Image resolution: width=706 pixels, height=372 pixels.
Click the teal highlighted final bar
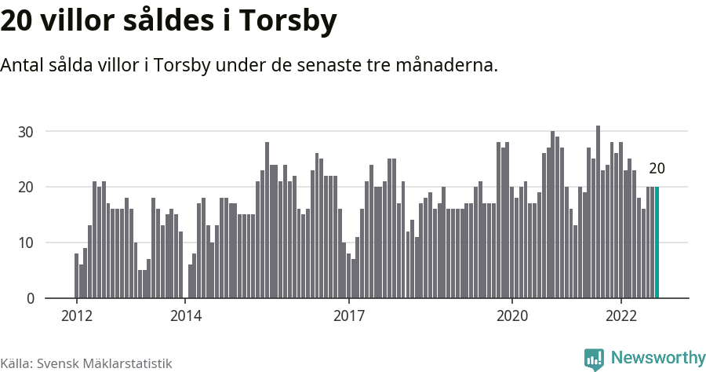coord(657,243)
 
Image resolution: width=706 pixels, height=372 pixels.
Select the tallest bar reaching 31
coord(598,212)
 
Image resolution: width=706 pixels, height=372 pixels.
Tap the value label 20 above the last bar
coord(657,169)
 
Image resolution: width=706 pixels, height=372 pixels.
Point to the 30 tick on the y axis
coord(27,132)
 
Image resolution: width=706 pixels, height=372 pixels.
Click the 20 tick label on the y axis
coord(27,188)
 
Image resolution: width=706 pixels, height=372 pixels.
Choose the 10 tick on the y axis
coord(27,243)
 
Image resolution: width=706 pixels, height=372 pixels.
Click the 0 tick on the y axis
coord(31,299)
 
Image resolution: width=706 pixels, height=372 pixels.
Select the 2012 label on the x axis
coord(77,316)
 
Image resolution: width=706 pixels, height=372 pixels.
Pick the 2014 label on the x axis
coord(186,316)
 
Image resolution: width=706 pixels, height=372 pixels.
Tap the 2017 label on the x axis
coord(349,316)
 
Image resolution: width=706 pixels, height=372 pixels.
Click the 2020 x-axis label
coord(512,316)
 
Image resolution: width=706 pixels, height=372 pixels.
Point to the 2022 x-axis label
coord(621,316)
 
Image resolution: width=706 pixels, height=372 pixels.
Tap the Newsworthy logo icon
coord(594,359)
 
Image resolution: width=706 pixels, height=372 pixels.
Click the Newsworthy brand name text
coord(658,359)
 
